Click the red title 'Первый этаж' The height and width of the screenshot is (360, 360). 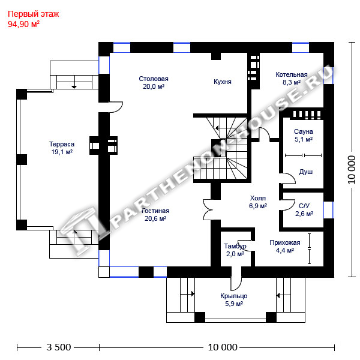[33, 14]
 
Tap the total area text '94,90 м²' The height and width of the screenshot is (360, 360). [23, 24]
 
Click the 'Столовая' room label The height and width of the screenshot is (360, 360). [154, 79]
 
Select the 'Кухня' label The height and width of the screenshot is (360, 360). [222, 82]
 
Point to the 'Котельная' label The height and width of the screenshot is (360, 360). [292, 74]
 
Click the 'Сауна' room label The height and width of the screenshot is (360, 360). [303, 131]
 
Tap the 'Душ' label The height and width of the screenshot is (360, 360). [306, 172]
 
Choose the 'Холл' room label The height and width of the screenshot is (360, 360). [258, 198]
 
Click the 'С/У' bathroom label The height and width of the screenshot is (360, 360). [304, 206]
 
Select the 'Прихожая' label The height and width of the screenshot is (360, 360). [284, 242]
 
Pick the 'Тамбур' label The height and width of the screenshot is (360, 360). [235, 247]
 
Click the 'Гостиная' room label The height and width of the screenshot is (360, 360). [155, 211]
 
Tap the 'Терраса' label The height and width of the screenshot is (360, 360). [62, 144]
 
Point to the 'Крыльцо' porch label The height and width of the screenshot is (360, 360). [234, 296]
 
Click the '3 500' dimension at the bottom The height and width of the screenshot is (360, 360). [59, 347]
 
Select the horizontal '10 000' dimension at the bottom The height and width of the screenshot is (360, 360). [223, 347]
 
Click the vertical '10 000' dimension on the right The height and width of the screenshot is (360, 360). [351, 170]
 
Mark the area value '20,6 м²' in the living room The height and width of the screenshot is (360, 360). [155, 218]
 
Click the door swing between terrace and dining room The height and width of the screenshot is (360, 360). [116, 107]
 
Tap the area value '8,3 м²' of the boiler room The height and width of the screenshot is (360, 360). [292, 82]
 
